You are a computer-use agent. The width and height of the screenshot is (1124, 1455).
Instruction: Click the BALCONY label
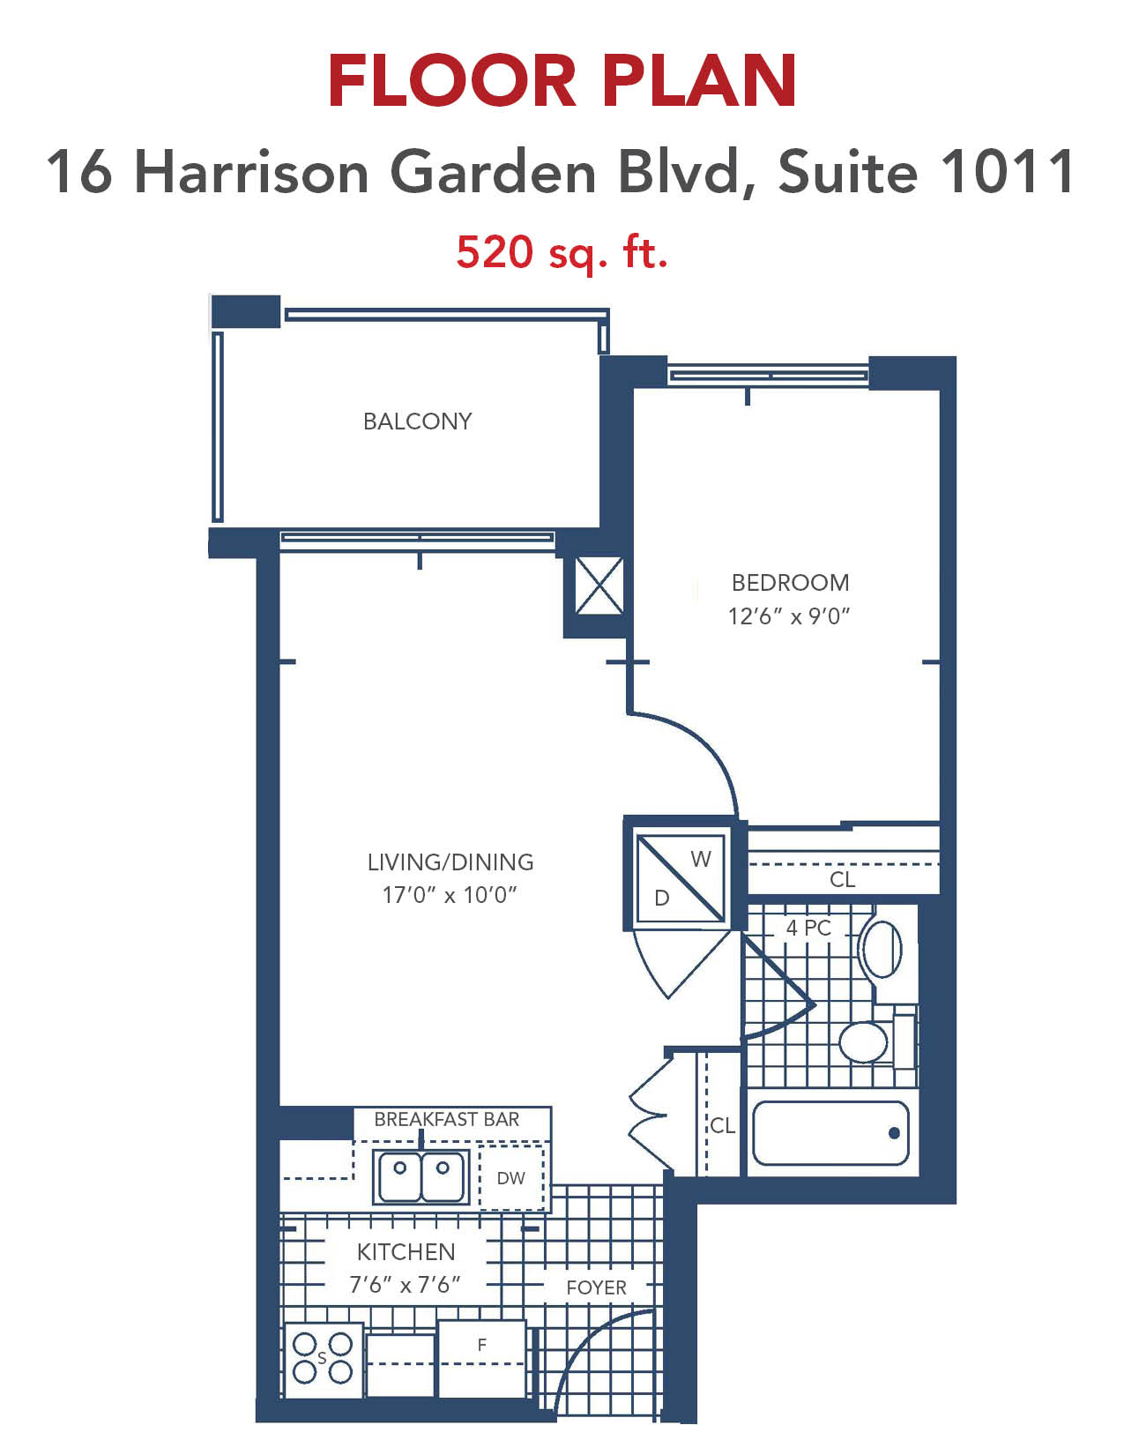(x=417, y=422)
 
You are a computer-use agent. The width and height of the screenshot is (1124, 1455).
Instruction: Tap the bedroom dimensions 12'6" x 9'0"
(x=789, y=616)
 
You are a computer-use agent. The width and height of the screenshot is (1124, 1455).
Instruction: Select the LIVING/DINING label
(x=450, y=862)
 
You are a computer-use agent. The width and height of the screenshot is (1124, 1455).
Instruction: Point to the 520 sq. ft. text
(x=562, y=252)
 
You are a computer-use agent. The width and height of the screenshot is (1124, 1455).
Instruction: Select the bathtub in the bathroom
(x=830, y=1133)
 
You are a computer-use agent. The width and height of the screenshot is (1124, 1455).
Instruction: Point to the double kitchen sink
(x=421, y=1176)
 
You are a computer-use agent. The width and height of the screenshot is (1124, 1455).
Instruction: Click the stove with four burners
(x=324, y=1359)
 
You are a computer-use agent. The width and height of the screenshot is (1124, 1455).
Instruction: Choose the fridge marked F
(x=481, y=1358)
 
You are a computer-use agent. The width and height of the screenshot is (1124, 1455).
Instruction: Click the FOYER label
(x=596, y=1287)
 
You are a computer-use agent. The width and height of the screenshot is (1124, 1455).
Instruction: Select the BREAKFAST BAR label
(x=447, y=1120)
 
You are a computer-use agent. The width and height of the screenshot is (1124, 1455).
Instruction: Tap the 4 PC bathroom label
(x=808, y=928)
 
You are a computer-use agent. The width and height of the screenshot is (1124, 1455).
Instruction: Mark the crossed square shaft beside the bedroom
(x=599, y=586)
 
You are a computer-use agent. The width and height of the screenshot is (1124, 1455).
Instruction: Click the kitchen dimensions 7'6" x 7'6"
(x=405, y=1285)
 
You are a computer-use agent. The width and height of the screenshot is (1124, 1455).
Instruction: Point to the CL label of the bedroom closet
(x=842, y=879)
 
